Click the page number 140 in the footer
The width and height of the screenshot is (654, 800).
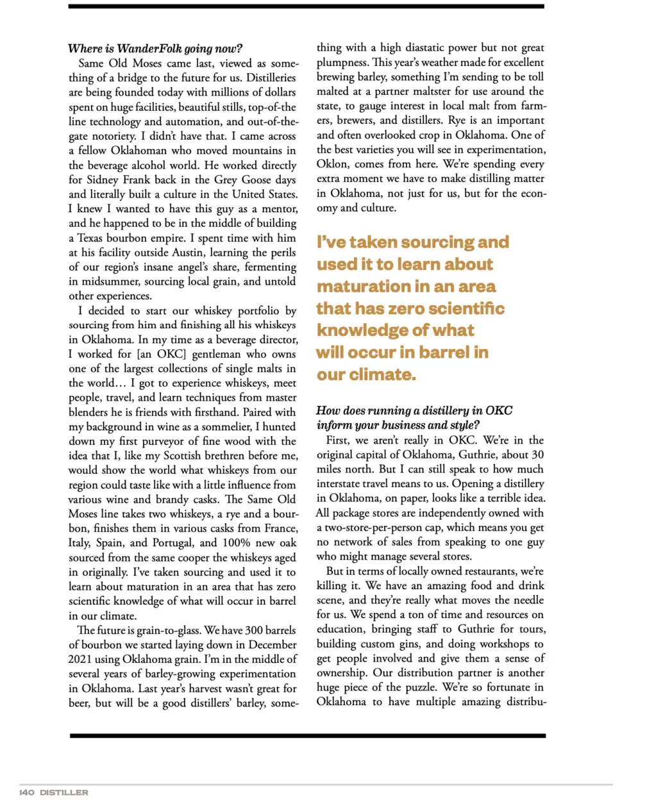pos(26,792)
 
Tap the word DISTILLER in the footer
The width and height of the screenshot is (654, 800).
pos(63,792)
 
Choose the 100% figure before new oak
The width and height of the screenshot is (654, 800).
pos(235,543)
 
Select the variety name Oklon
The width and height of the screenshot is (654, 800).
pos(332,164)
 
